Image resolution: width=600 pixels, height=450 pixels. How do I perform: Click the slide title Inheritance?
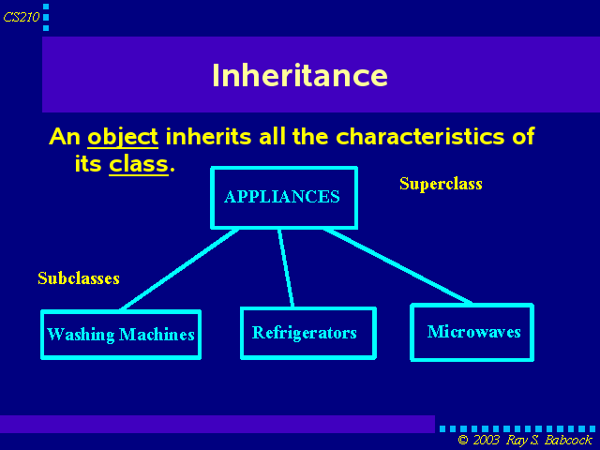click(300, 75)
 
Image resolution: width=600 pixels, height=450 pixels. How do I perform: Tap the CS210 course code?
click(22, 17)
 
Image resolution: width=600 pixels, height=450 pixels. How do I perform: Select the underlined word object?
click(123, 137)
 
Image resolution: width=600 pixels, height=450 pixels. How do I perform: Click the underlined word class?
click(139, 164)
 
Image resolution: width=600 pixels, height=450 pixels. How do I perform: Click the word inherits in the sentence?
click(208, 136)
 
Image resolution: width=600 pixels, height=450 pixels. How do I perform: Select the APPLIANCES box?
click(284, 198)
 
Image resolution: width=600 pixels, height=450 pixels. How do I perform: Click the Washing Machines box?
click(121, 335)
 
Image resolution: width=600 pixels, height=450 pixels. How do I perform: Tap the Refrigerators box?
click(308, 333)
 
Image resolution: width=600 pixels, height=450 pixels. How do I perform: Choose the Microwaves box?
click(472, 332)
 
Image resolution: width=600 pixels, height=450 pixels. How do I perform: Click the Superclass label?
click(441, 184)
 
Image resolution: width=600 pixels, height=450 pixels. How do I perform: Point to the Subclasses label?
click(79, 278)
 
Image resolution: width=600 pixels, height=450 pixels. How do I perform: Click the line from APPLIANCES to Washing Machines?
click(180, 269)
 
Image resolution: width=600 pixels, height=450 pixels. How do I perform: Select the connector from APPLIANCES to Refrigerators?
click(286, 268)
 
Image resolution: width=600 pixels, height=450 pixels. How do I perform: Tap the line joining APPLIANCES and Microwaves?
click(397, 266)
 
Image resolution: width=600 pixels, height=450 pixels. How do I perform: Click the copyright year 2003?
click(486, 440)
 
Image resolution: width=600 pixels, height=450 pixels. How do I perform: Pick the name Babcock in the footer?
click(568, 440)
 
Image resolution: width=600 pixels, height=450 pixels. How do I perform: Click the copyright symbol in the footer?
click(463, 440)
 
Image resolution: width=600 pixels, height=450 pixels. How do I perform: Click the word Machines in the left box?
click(157, 335)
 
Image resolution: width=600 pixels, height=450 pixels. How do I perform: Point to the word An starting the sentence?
click(65, 136)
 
